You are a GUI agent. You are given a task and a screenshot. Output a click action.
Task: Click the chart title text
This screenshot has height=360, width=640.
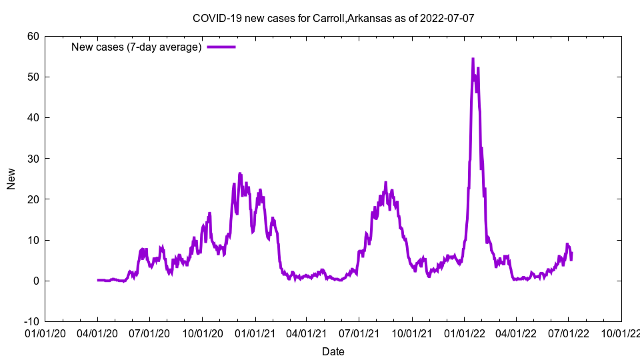pos(333,18)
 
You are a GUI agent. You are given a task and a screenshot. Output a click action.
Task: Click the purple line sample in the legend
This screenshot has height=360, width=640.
pos(221,47)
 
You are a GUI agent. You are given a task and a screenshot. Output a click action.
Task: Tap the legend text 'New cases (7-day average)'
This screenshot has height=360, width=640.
pos(137,47)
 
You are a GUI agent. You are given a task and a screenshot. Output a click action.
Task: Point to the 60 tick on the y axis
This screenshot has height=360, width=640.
pos(33,36)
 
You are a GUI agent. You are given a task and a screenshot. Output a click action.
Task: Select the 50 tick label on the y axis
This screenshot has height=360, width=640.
pos(33,77)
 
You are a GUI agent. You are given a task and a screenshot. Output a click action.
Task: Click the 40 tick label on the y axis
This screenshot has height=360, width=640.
pos(33,117)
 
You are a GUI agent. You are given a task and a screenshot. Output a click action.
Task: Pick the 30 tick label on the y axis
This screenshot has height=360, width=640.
pos(33,159)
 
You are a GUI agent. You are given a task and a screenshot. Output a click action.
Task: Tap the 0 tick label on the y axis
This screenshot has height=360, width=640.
pos(35,281)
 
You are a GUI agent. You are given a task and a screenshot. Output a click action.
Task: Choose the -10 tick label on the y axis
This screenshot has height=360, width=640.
pos(31,321)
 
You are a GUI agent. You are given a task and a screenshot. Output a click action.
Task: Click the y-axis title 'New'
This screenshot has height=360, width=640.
pos(11,179)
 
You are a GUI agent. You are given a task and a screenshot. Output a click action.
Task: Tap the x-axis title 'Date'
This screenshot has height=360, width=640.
pos(333,351)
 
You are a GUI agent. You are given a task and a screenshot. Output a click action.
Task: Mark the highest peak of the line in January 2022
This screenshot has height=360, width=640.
pos(473,59)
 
